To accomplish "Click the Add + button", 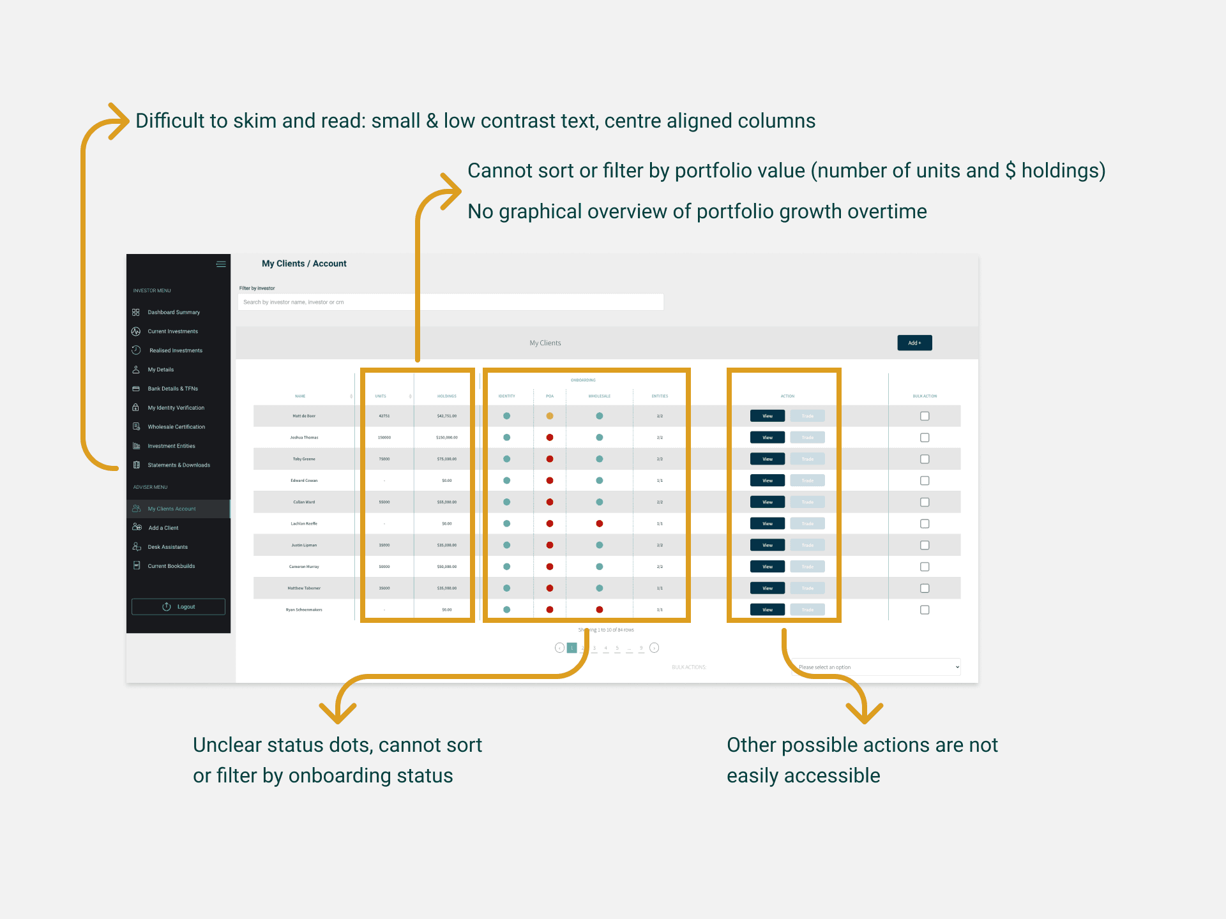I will click(x=914, y=343).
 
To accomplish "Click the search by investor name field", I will click(x=450, y=302).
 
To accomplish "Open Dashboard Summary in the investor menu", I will click(x=173, y=312).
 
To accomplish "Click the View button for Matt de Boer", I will click(x=768, y=416).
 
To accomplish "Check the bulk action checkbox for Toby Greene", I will click(x=925, y=459).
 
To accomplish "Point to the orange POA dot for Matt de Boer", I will click(x=550, y=416).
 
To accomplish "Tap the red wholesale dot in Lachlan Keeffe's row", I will click(x=600, y=523).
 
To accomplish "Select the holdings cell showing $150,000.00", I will click(x=447, y=438).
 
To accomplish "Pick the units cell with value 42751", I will click(x=384, y=416).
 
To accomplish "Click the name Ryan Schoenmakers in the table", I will click(x=304, y=609).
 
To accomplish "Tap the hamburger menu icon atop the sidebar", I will click(x=221, y=264).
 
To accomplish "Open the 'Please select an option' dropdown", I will click(x=876, y=667).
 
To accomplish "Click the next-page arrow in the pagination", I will click(x=655, y=648).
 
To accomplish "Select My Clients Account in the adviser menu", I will click(x=172, y=509).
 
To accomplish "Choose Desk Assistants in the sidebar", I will click(x=167, y=547).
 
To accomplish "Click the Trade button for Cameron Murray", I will click(x=808, y=567).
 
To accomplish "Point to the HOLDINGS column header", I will click(x=447, y=396).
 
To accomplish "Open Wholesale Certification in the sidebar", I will click(x=176, y=427).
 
